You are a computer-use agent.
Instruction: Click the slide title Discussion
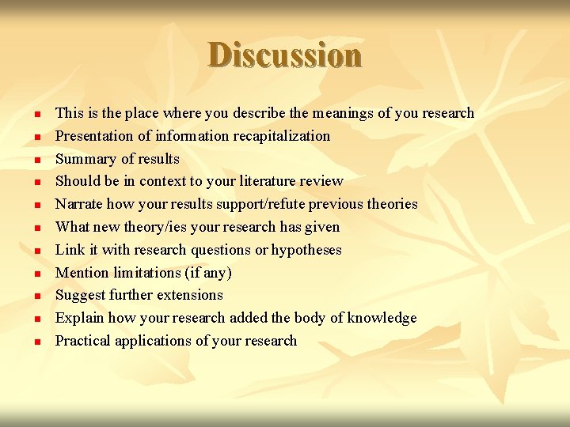point(285,55)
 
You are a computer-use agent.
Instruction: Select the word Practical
point(82,341)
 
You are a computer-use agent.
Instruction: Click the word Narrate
point(78,204)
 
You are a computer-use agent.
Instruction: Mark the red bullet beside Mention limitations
point(36,274)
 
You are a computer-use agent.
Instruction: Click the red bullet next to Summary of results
point(36,160)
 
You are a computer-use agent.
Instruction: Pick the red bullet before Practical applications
point(36,342)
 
